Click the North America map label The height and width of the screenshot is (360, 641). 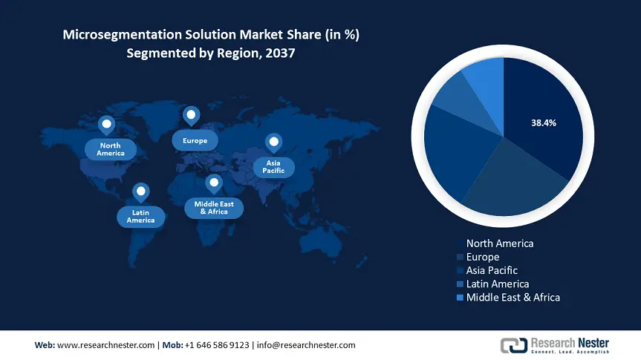(x=110, y=149)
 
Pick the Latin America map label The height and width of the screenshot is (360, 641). (x=140, y=216)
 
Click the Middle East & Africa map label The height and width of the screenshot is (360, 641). (x=214, y=208)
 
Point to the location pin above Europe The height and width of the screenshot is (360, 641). (x=192, y=116)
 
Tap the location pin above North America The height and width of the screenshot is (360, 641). (x=107, y=125)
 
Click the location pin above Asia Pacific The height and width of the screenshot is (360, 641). (x=274, y=142)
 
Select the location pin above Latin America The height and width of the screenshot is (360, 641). (x=140, y=192)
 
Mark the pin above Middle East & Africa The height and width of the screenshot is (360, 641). (x=214, y=183)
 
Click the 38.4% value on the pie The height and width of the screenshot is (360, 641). (x=544, y=122)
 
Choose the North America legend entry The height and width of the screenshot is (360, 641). (x=499, y=243)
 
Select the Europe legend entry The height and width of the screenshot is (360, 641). (x=482, y=257)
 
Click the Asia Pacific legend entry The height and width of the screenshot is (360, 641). (x=491, y=270)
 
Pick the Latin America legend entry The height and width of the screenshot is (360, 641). (x=497, y=284)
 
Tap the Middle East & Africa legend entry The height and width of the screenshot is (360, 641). (x=513, y=297)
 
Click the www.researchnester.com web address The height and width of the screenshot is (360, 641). (x=105, y=345)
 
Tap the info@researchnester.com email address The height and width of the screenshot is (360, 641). (x=307, y=345)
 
